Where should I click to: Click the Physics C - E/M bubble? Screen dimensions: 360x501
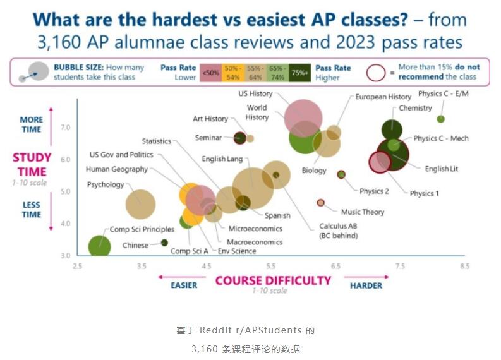click(x=441, y=119)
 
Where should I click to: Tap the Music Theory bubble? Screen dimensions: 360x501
click(x=320, y=203)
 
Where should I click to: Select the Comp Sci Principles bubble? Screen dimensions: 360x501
click(x=99, y=246)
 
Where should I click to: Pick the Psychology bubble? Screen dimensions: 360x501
click(x=140, y=204)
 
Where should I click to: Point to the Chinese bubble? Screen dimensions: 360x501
click(x=164, y=243)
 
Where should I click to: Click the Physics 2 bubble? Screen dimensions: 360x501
click(x=342, y=174)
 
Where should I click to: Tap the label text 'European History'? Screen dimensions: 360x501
click(x=383, y=97)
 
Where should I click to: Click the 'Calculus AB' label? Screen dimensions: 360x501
click(x=339, y=226)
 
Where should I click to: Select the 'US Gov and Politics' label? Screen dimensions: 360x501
click(x=121, y=155)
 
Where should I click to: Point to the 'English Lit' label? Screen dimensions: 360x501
click(x=445, y=169)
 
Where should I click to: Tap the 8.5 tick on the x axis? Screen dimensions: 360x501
click(x=464, y=267)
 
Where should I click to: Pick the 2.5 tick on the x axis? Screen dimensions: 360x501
click(x=77, y=267)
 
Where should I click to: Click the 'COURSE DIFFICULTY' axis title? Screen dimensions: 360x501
click(x=273, y=280)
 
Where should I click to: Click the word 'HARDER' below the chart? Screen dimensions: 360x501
click(x=366, y=285)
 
